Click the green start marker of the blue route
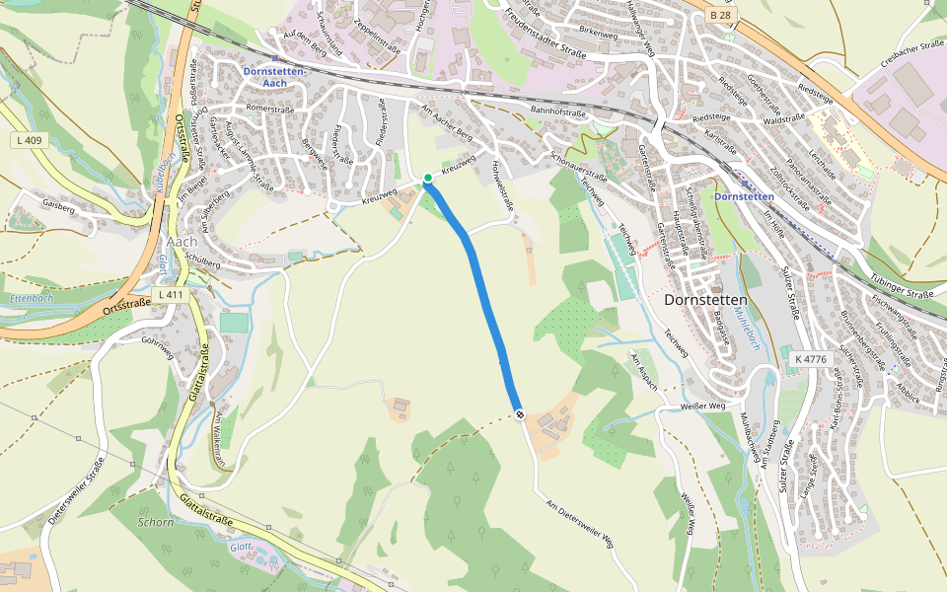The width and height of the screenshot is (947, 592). pos(428,178)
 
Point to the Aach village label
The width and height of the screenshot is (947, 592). pos(182,242)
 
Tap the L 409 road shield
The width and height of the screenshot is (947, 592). pos(30,141)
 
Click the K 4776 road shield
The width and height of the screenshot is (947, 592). pos(809,359)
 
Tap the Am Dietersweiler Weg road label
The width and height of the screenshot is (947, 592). pos(581,522)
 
